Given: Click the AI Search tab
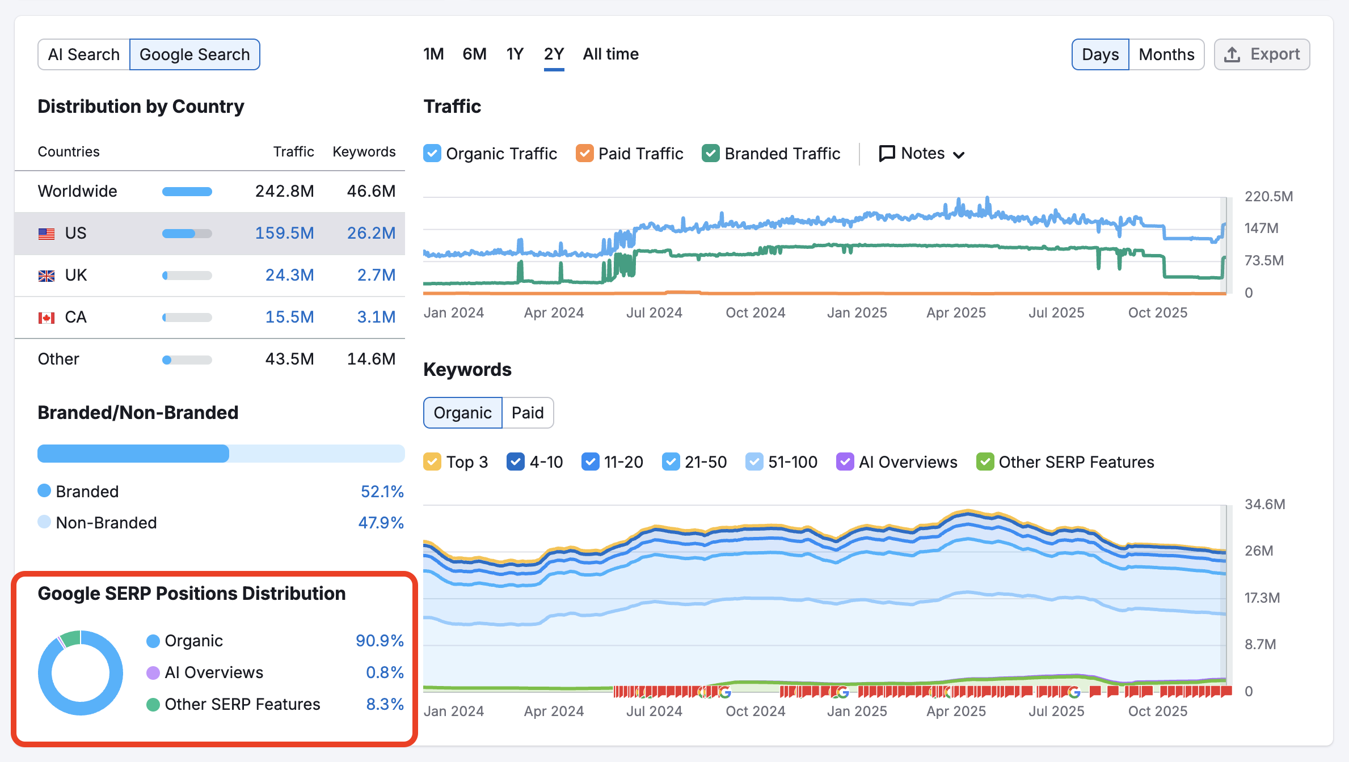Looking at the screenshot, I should pos(83,54).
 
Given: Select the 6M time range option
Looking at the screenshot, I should pos(474,54).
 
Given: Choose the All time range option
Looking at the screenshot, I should pos(610,54).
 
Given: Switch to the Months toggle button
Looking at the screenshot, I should pos(1166,54).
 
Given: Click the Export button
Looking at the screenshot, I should pos(1262,54).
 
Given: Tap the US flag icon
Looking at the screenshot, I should pos(47,234).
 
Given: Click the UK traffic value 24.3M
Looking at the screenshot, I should pos(289,275).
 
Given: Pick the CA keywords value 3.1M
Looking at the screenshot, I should pos(376,317).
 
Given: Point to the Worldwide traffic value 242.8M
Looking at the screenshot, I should pos(284,191).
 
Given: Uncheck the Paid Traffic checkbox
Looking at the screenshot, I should pos(584,154).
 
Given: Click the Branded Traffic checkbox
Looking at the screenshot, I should pos(710,154).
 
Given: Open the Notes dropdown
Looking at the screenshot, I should pos(922,154).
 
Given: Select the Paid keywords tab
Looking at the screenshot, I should pos(528,413).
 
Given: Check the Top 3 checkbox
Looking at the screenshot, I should pos(432,462).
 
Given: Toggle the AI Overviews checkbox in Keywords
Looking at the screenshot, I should pos(845,462).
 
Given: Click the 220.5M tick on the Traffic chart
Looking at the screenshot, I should pos(1268,197).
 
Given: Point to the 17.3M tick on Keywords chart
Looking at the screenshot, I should pos(1262,598).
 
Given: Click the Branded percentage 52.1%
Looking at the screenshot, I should pos(382,492).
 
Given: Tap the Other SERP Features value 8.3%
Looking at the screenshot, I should pos(385,704).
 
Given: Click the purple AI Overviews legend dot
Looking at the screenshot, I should pos(153,673).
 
